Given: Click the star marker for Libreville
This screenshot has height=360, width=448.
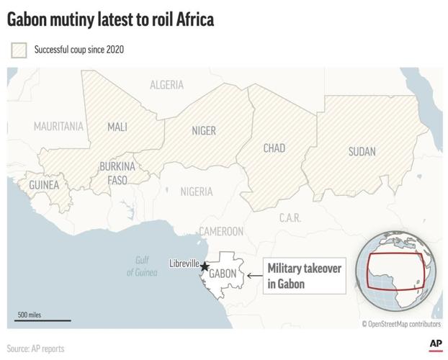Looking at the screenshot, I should (205, 266).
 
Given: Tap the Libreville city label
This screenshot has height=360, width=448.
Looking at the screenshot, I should (184, 264).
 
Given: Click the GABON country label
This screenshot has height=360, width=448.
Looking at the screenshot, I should (223, 274).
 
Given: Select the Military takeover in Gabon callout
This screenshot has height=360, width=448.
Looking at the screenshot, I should (305, 276).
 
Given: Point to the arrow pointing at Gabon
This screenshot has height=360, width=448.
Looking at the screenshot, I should (254, 275).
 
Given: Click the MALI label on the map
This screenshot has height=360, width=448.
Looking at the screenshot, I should (117, 127).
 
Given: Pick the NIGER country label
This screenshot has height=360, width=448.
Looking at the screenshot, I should (204, 130).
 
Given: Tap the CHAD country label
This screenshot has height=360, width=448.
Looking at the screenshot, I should (274, 148).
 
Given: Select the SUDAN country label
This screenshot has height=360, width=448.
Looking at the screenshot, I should (362, 152).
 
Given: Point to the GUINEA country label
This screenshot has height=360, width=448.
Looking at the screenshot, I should (44, 185).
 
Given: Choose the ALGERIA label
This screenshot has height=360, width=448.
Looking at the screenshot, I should (166, 85).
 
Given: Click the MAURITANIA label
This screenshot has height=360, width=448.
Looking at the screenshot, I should (58, 127).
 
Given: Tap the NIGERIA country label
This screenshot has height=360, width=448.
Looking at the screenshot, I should (196, 192).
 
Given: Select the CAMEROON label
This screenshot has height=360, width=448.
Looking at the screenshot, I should (221, 232).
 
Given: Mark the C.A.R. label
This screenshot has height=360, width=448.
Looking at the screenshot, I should (290, 217).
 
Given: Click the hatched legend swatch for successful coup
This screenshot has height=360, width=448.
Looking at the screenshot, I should (18, 50).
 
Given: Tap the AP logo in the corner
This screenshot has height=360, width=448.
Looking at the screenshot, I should (435, 346).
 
